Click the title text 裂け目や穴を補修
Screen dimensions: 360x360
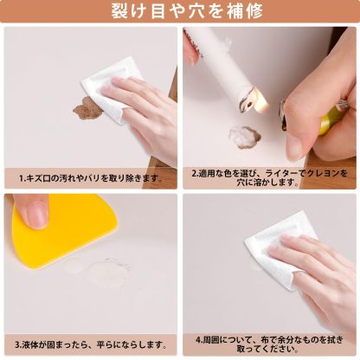(x=180, y=11)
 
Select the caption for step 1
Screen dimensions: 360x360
(x=91, y=177)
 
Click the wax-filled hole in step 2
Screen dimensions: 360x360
(x=243, y=135)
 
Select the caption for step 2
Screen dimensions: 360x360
(x=271, y=177)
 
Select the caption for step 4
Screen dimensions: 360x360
(x=271, y=344)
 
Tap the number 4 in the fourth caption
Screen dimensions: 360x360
(x=198, y=338)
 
